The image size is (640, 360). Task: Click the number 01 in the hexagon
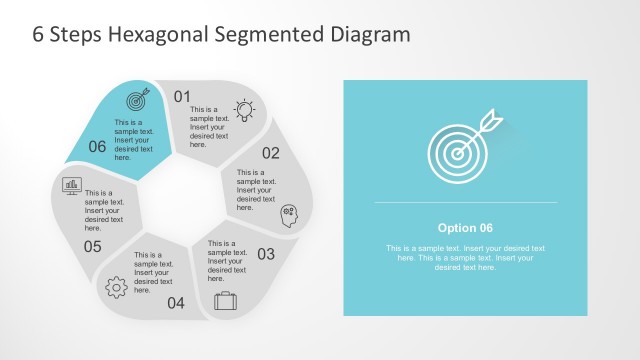pos(182,97)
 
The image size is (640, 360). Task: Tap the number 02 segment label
pos(271,153)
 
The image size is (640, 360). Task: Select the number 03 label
pos(266,254)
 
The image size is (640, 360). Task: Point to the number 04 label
pos(176,303)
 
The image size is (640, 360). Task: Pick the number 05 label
pos(92,246)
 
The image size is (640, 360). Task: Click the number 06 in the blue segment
pos(97,147)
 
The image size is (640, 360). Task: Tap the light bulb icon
pos(244,110)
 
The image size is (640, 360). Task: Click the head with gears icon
pos(289,214)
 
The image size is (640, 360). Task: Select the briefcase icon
pos(225,299)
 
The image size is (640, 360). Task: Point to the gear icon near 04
pos(116,286)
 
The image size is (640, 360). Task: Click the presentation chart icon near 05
pos(72,185)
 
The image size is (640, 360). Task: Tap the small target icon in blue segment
pos(138,99)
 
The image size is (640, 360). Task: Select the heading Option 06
pos(465,227)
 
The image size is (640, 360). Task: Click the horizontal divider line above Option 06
pos(465,203)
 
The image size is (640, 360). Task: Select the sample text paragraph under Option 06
pos(465,258)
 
